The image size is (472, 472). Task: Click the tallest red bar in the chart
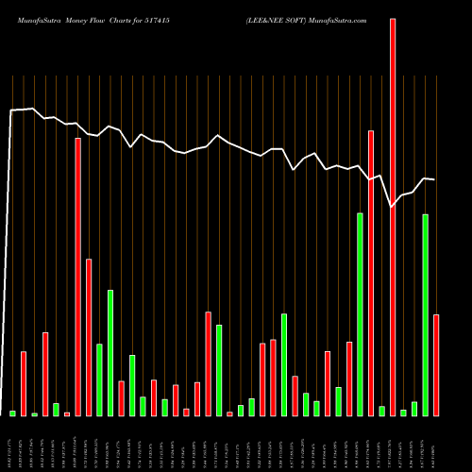pos(393,217)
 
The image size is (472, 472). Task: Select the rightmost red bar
pos(436,364)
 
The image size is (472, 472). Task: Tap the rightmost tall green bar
pos(426,314)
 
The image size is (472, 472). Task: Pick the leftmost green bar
pos(12,413)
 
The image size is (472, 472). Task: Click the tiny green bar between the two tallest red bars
pos(382,411)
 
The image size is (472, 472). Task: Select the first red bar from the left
pos(24,383)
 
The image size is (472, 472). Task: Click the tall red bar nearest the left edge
pos(77,277)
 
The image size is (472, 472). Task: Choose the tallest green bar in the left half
pos(110,352)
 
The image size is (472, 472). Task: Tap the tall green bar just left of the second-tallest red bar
pos(361,314)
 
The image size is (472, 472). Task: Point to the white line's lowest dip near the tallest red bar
pos(393,206)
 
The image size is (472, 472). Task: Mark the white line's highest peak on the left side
pos(33,109)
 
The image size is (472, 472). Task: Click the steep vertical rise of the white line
pos(10,255)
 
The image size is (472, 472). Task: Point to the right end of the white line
pos(434,178)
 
